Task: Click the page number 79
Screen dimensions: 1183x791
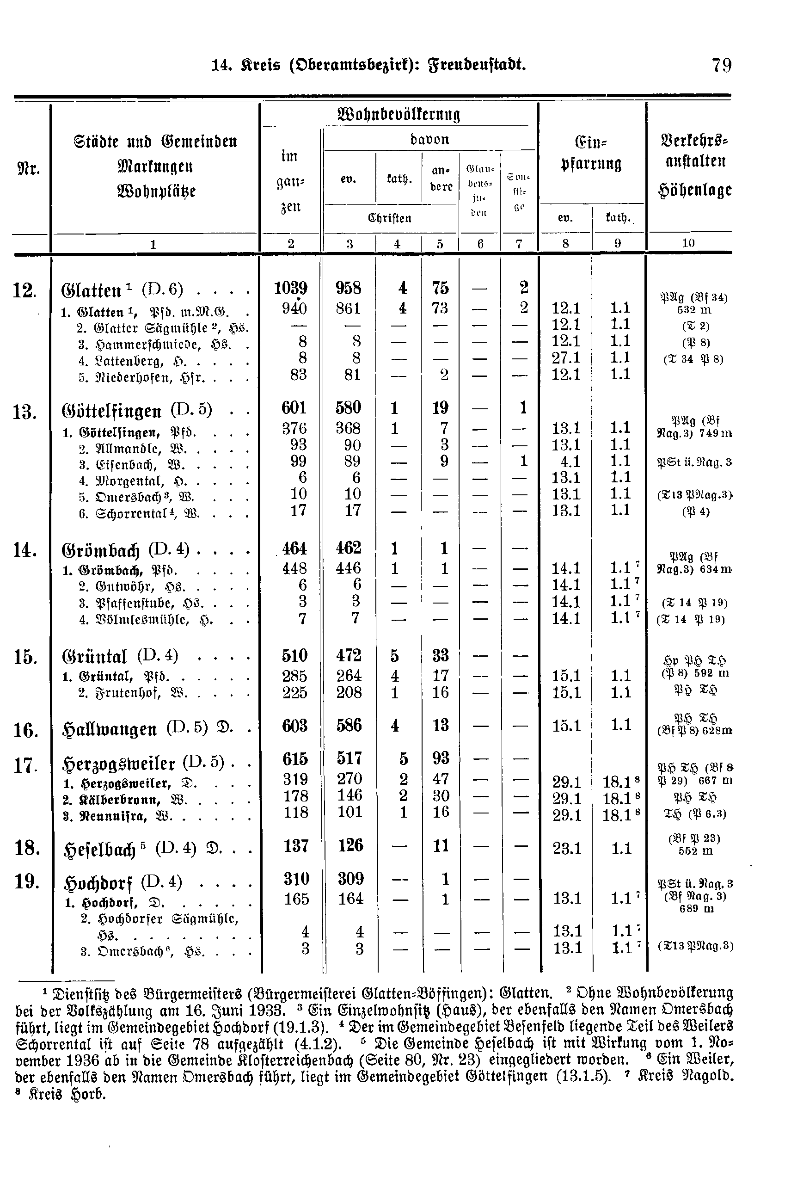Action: coord(721,66)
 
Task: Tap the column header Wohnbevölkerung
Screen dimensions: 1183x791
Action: coord(398,114)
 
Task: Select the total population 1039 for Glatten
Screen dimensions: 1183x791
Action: coord(291,288)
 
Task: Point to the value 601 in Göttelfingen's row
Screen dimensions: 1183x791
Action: coord(294,408)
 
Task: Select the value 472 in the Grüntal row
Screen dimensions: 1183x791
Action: coord(349,656)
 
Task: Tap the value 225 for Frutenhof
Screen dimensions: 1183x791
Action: coord(294,692)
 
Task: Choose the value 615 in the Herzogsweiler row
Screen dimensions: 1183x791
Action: coord(295,758)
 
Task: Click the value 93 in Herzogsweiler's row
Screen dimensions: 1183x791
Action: coord(441,758)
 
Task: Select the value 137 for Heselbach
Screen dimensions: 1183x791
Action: coord(295,846)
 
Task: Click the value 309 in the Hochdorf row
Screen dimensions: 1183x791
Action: coord(350,879)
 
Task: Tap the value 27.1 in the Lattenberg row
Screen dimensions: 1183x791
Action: coord(565,358)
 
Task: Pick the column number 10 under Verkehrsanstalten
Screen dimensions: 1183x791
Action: coord(688,243)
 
